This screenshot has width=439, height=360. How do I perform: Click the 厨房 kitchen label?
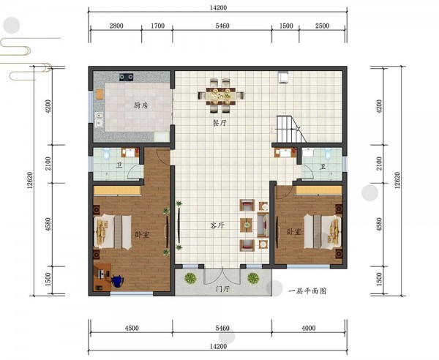[x=140, y=105]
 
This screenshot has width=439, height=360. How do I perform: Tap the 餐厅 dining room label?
[x=219, y=123]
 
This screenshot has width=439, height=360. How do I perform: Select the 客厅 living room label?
[x=217, y=225]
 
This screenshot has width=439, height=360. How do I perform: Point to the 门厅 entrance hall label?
[x=223, y=289]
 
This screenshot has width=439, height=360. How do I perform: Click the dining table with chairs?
[x=221, y=96]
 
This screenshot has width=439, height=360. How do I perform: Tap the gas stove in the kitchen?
[x=127, y=77]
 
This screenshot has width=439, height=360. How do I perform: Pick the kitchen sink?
[x=99, y=120]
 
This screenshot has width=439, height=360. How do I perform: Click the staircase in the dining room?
[x=291, y=129]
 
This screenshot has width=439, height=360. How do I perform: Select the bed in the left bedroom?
[x=113, y=232]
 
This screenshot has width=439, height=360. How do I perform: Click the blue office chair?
[x=117, y=281]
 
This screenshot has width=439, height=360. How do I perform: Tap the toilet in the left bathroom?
[x=106, y=154]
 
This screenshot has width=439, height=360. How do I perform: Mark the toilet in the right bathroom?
[x=328, y=154]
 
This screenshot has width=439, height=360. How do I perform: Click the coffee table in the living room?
[x=247, y=225]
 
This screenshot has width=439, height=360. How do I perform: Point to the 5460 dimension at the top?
[x=222, y=26]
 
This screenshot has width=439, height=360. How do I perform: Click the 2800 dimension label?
[x=116, y=26]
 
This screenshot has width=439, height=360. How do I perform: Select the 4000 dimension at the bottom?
[x=309, y=328]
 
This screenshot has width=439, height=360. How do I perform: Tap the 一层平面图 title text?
[x=307, y=291]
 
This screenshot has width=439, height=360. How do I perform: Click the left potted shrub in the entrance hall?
[x=190, y=278]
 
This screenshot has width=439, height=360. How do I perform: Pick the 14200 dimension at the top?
[x=218, y=7]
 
